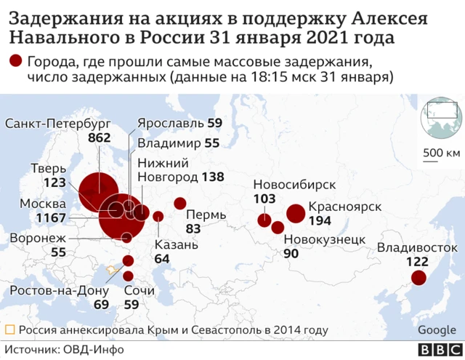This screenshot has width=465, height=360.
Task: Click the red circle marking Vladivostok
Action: pyautogui.click(x=418, y=277)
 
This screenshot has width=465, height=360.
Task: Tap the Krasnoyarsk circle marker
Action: pyautogui.click(x=295, y=213)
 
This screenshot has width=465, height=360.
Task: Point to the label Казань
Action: pyautogui.click(x=176, y=245)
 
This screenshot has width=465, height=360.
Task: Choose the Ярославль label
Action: pyautogui.click(x=170, y=123)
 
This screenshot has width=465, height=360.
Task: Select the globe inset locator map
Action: pyautogui.click(x=442, y=117)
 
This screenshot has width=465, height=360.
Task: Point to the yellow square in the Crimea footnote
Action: pyautogui.click(x=10, y=330)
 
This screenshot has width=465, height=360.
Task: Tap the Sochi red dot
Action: pyautogui.click(x=129, y=276)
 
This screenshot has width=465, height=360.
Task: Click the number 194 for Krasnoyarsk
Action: pyautogui.click(x=320, y=220)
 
